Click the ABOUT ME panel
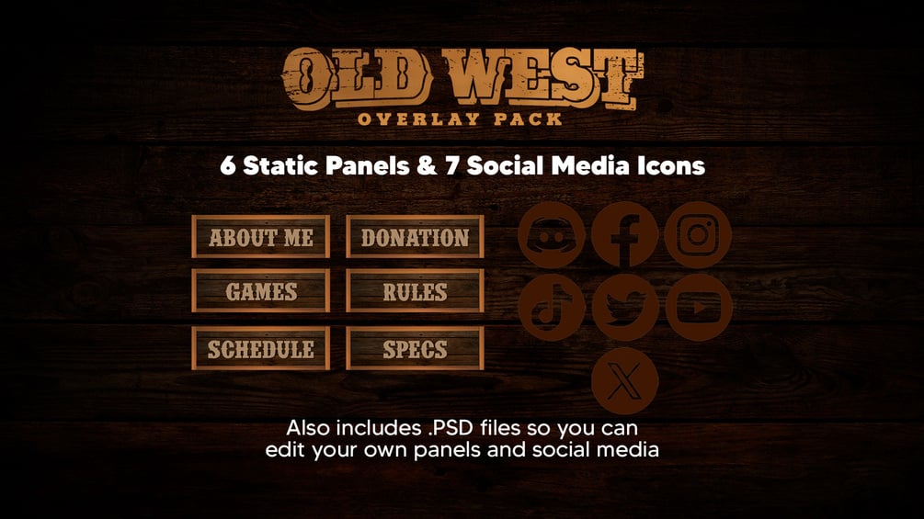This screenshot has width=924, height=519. tap(260, 237)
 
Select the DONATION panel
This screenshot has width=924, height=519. tap(415, 237)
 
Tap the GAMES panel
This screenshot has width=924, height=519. tap(260, 290)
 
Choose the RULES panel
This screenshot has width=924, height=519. tap(415, 290)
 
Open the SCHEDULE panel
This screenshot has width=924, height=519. tap(260, 348)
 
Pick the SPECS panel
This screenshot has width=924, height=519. tap(415, 348)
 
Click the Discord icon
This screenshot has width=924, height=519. tap(552, 235)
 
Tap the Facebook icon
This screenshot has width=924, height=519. tap(624, 235)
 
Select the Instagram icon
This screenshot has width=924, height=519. tap(699, 235)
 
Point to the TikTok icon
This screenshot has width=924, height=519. tap(552, 307)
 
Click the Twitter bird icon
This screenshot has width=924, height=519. tap(624, 307)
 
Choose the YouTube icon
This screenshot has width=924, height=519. tap(699, 307)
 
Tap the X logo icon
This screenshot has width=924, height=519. tap(624, 380)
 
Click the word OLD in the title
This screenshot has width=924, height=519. tap(357, 78)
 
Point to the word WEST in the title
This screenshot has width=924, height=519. tap(543, 78)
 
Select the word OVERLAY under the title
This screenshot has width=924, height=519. tap(419, 119)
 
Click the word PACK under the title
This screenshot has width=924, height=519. tap(528, 119)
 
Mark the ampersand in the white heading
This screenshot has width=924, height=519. tap(427, 166)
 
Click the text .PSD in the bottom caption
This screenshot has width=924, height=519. tap(451, 427)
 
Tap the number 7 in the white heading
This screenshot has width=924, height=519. tap(452, 166)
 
